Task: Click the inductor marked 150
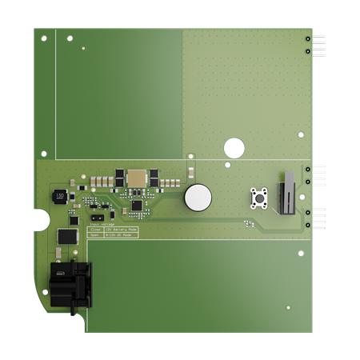click(x=59, y=195)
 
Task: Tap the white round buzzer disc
click(x=198, y=198)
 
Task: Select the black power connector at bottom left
click(x=70, y=285)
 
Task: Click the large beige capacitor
click(x=136, y=178)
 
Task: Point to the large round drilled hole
click(x=234, y=148)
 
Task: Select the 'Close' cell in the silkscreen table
click(x=94, y=230)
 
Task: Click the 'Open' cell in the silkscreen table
click(x=94, y=235)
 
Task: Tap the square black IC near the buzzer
click(x=137, y=205)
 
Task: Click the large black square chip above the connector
click(x=67, y=237)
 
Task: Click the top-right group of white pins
click(x=318, y=46)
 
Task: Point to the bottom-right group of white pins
click(x=318, y=218)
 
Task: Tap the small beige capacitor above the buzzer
click(x=191, y=171)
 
